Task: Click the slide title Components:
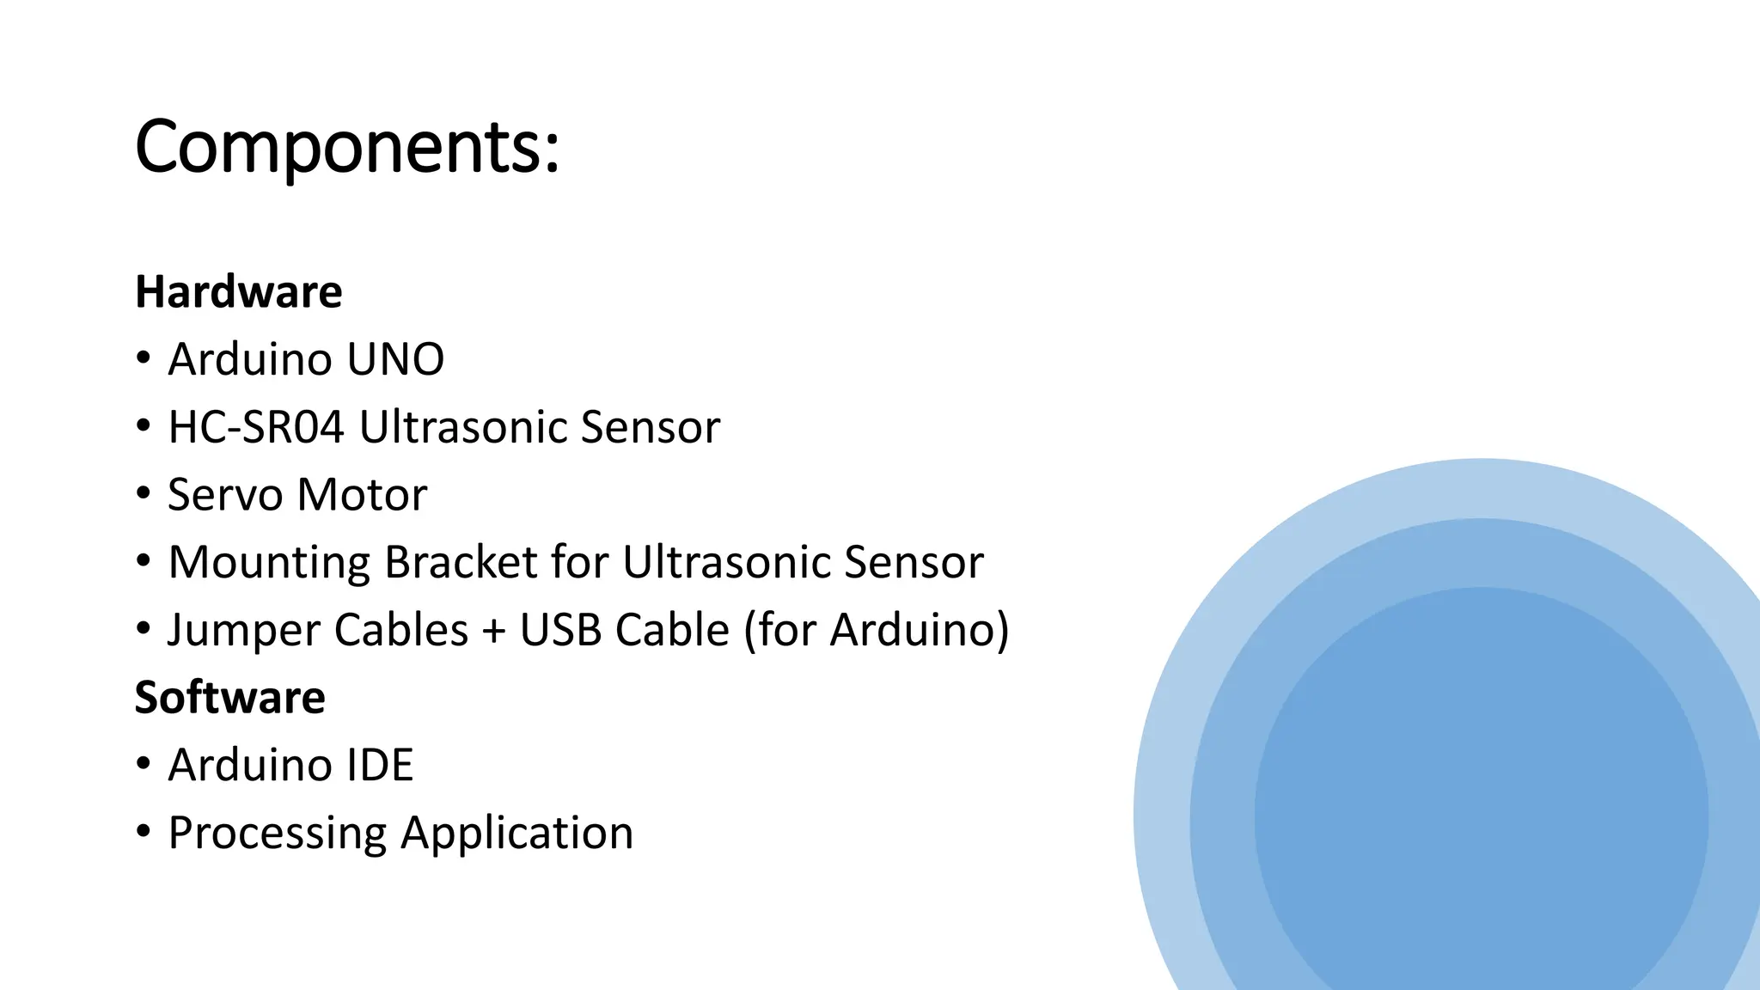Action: click(347, 147)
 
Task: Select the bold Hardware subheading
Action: click(239, 292)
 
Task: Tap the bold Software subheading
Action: click(230, 697)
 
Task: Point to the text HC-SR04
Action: click(255, 427)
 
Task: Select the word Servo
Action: click(225, 495)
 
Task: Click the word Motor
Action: click(362, 495)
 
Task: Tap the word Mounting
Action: click(268, 563)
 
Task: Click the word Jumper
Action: click(245, 630)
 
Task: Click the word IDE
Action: click(379, 765)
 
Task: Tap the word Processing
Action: click(277, 834)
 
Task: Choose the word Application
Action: click(516, 834)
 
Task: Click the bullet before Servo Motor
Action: click(144, 493)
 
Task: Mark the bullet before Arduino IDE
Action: click(144, 763)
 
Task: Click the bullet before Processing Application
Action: click(144, 831)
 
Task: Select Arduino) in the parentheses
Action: click(919, 630)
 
